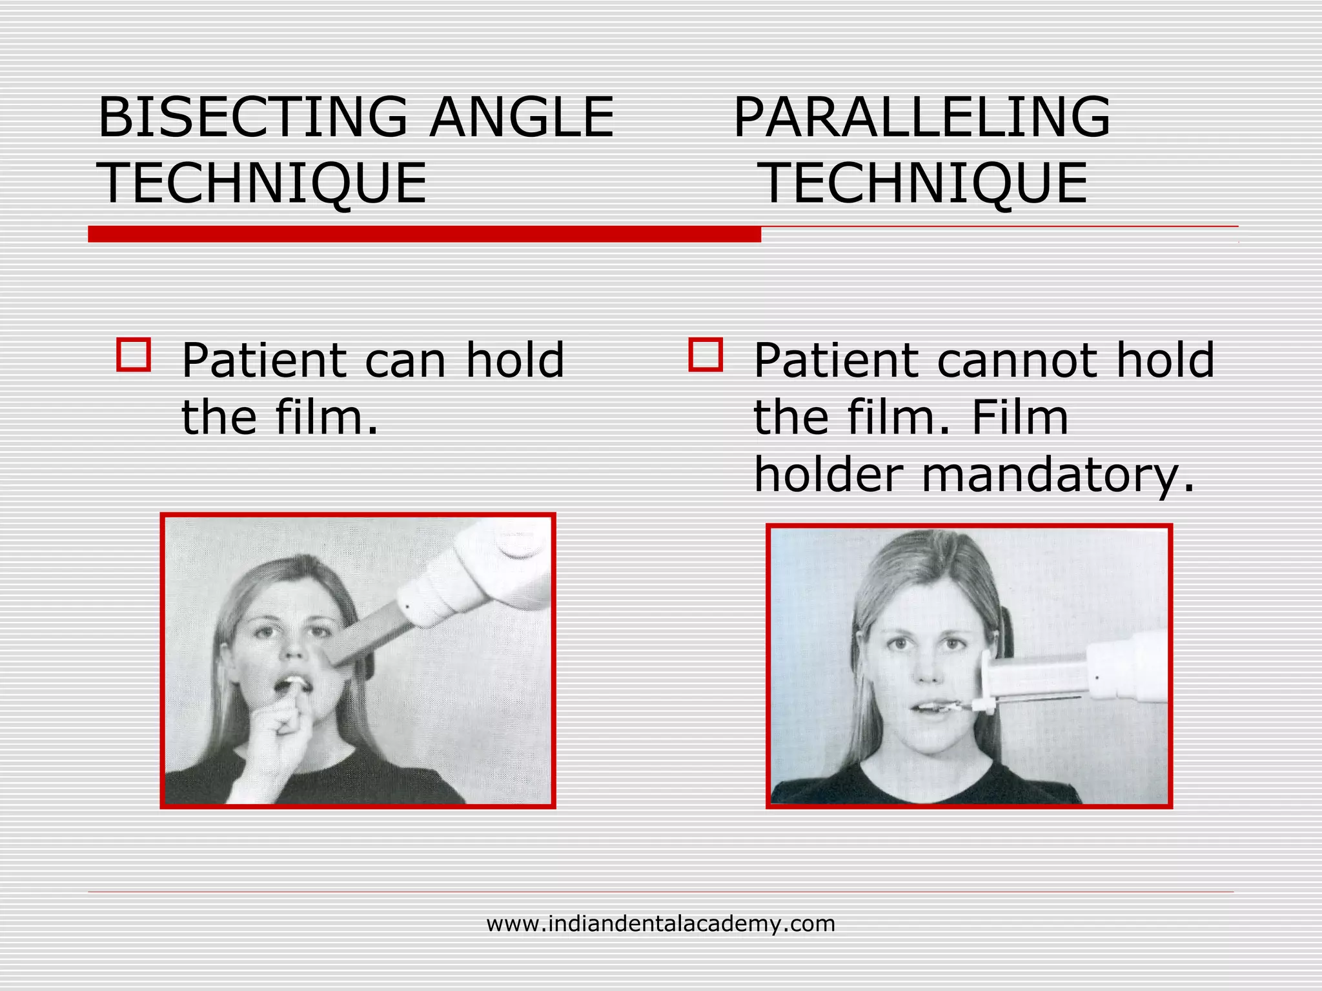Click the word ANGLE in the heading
[522, 117]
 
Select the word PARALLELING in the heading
[922, 117]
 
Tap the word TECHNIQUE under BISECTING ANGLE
[262, 184]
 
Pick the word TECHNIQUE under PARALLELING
[924, 184]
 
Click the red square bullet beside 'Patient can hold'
[134, 355]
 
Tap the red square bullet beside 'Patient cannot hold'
[706, 355]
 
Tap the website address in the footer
[660, 924]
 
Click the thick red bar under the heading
[424, 234]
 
